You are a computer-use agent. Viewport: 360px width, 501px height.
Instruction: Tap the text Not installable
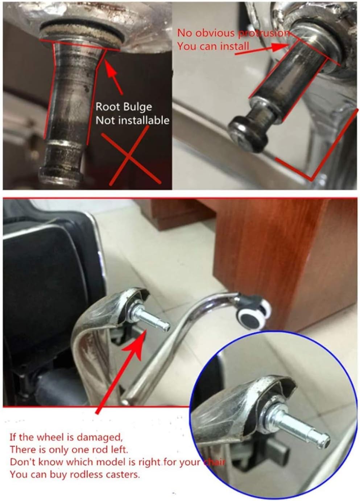(x=132, y=120)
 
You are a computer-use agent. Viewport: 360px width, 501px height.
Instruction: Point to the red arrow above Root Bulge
(x=114, y=75)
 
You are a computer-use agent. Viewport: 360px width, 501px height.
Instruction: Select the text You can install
(x=213, y=46)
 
